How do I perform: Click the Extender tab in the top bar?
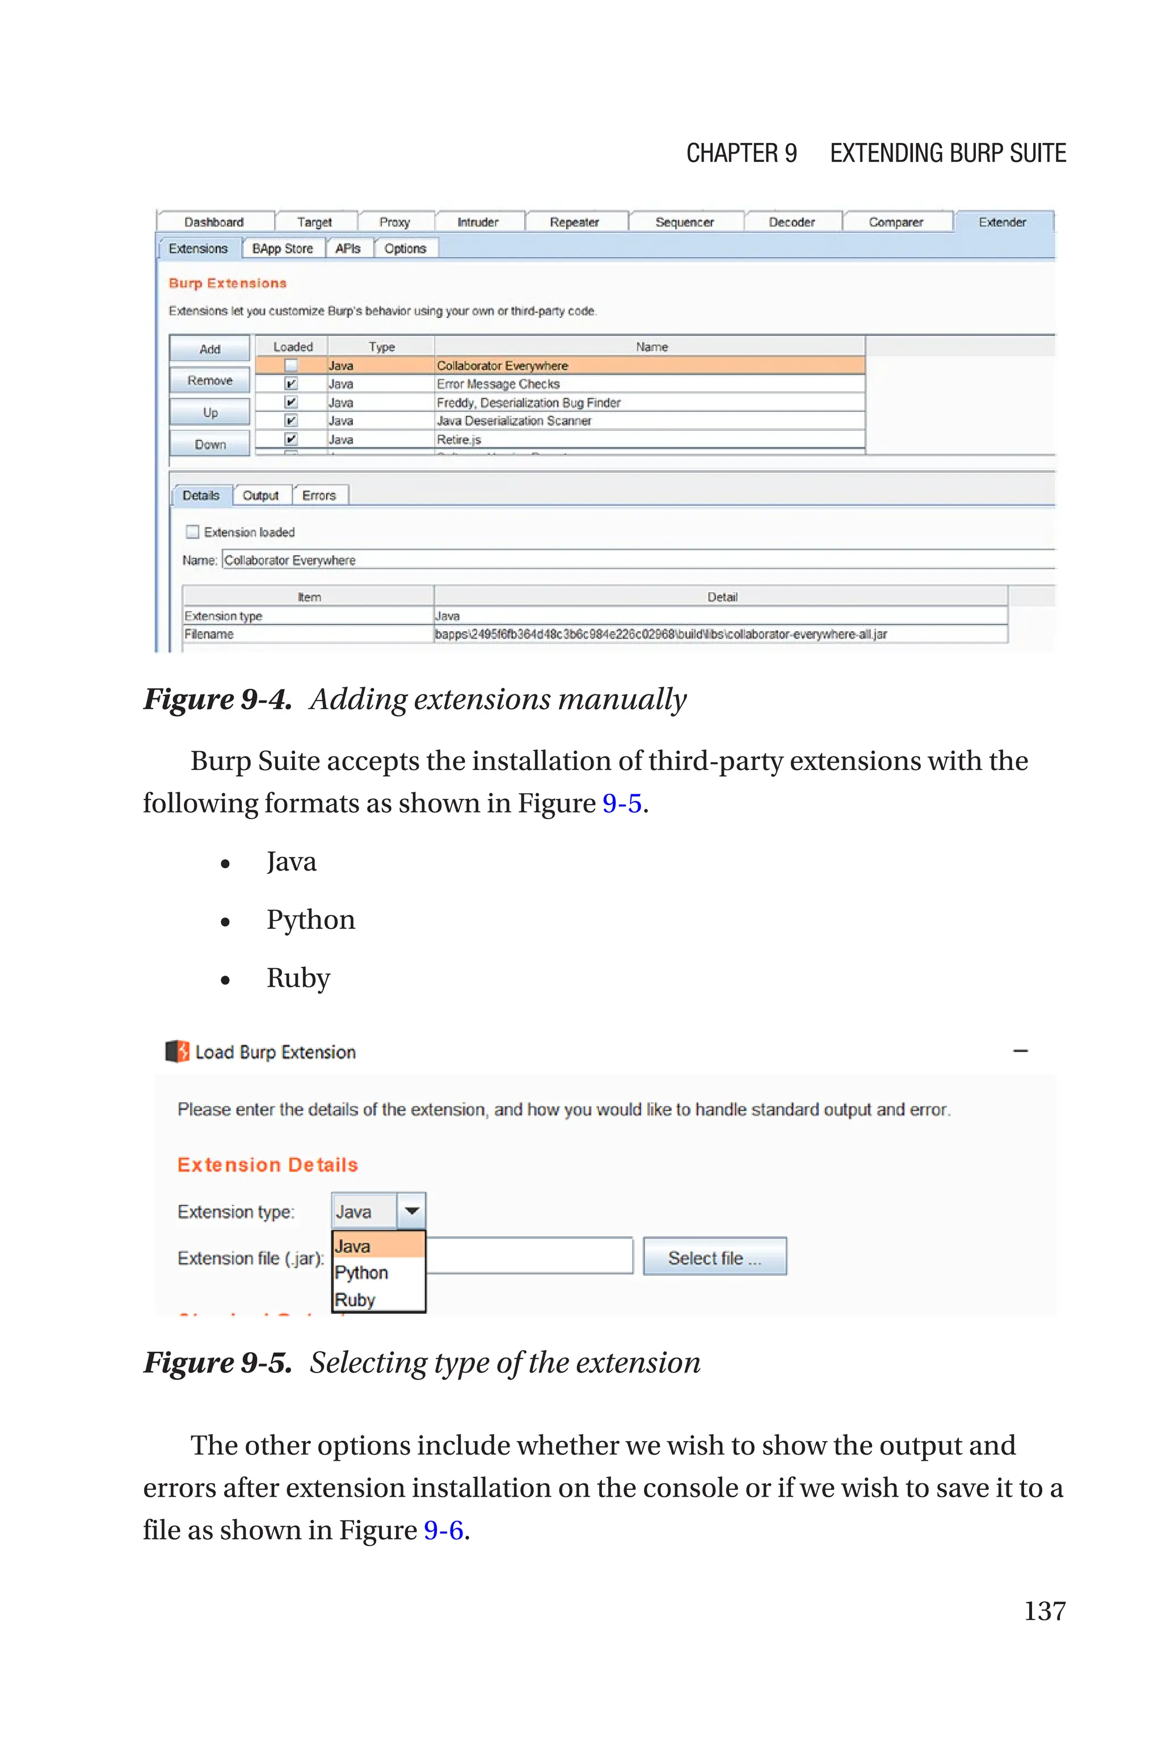click(1002, 221)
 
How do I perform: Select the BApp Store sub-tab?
click(283, 248)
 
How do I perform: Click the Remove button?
click(210, 380)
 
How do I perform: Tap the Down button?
click(210, 444)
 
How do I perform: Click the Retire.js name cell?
click(458, 439)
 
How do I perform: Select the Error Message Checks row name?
click(498, 384)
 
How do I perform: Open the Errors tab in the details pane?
click(319, 495)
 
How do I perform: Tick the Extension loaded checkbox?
click(193, 531)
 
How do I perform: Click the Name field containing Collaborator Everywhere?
click(637, 560)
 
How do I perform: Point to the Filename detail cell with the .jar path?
click(660, 634)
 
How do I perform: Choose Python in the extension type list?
click(361, 1272)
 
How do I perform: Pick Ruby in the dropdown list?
click(355, 1300)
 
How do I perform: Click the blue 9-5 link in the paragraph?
click(621, 803)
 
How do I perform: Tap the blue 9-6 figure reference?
click(443, 1530)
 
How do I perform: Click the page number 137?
click(1044, 1610)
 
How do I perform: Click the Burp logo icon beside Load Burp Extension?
click(177, 1052)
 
